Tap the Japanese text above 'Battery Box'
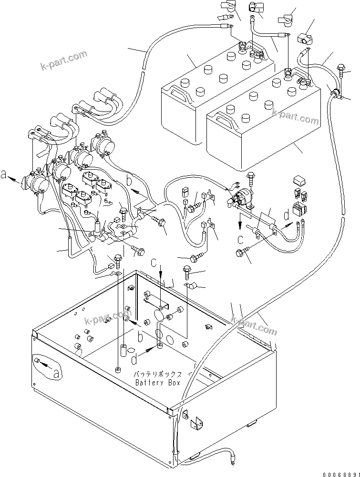pyautogui.click(x=158, y=375)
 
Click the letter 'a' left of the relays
pyautogui.click(x=5, y=175)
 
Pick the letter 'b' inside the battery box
pyautogui.click(x=139, y=337)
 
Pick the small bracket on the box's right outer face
pyautogui.click(x=196, y=424)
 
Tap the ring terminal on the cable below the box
pyautogui.click(x=233, y=461)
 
